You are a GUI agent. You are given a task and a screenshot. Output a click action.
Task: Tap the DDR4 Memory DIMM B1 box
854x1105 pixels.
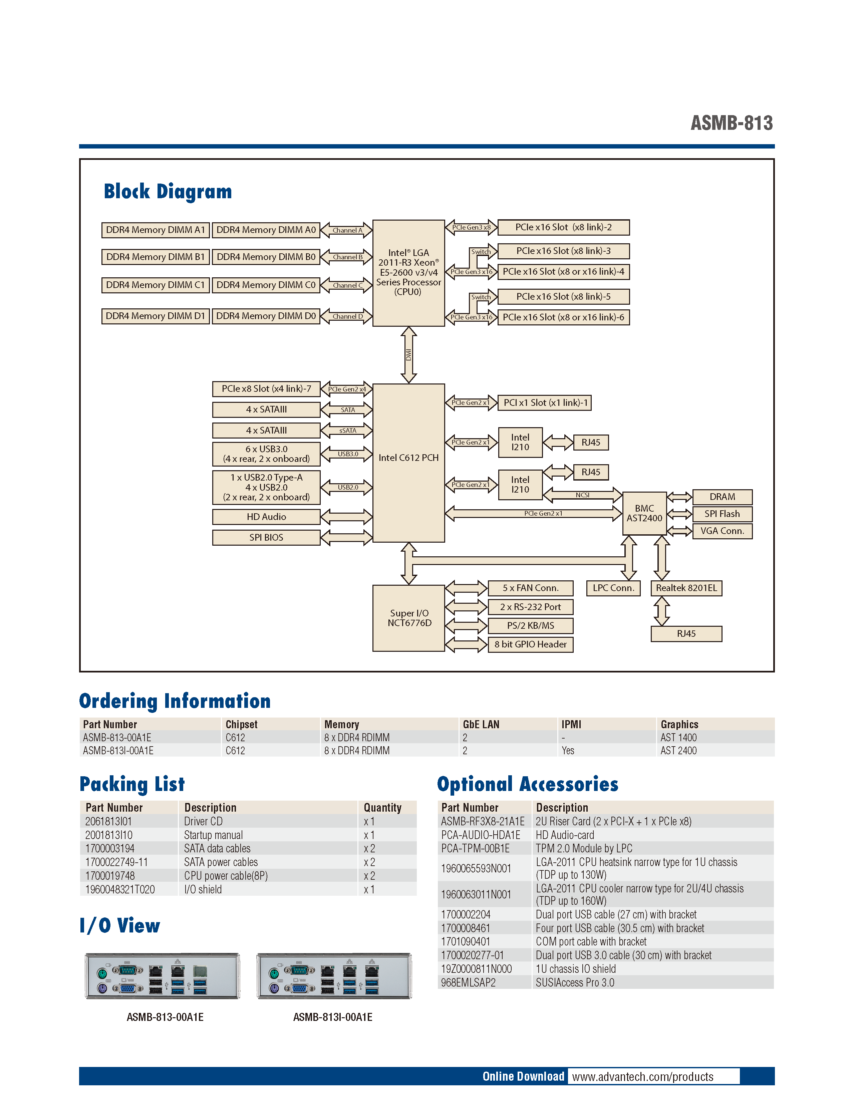tap(155, 257)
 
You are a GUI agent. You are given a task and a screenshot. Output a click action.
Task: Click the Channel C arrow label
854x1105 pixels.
tap(347, 285)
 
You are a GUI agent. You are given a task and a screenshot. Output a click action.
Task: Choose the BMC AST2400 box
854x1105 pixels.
tap(644, 513)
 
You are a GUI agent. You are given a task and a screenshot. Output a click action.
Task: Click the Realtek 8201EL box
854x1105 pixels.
tap(686, 588)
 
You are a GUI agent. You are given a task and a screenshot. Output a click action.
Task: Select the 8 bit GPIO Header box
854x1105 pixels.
tap(530, 644)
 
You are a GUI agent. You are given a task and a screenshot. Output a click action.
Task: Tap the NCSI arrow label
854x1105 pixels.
tap(582, 495)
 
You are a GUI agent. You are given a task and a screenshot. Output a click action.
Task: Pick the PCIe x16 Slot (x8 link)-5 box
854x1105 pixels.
tap(563, 296)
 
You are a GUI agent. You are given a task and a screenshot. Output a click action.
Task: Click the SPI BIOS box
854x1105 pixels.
tap(266, 537)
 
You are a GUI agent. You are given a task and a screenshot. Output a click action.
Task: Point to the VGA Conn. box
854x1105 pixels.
tap(722, 531)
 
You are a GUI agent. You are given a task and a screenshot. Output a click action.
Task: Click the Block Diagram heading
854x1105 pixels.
tap(168, 192)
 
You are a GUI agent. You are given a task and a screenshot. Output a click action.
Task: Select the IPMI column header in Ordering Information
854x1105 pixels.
tap(571, 724)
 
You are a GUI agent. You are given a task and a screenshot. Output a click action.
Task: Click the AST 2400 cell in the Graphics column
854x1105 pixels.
tap(678, 750)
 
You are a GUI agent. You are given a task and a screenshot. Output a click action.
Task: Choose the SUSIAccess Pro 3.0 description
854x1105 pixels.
tap(575, 983)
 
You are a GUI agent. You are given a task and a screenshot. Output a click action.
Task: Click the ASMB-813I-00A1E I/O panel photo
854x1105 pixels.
tap(334, 976)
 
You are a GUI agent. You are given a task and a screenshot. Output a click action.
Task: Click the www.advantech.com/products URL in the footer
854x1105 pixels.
tap(642, 1077)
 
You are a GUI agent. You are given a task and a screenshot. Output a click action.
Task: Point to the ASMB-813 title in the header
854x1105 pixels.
tap(732, 123)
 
